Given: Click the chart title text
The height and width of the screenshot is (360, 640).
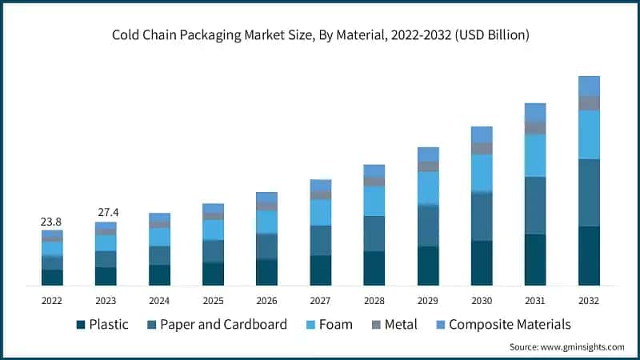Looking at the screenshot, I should click(320, 36).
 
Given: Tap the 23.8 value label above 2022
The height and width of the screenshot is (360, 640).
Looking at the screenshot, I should click(52, 222).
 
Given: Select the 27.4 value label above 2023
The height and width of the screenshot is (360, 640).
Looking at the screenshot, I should click(106, 213).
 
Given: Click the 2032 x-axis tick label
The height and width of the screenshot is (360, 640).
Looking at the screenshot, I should click(589, 300).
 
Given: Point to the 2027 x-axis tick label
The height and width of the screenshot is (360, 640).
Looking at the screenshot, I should click(320, 300).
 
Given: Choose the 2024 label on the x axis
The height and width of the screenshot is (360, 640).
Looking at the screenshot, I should click(159, 300).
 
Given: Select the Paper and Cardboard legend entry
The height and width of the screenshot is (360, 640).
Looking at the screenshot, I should click(215, 325).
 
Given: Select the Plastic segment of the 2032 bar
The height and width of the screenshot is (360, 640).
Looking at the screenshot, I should click(589, 256).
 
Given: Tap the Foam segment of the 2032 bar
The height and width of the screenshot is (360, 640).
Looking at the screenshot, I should click(589, 134).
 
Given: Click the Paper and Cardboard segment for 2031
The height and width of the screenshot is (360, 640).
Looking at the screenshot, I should click(535, 206).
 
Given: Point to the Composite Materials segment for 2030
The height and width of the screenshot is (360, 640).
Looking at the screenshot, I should click(482, 134).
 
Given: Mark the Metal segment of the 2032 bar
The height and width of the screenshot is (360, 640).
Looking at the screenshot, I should click(589, 103).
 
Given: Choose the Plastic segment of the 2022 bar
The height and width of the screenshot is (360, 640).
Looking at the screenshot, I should click(52, 278).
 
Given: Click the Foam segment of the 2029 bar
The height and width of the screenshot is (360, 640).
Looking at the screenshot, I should click(428, 188).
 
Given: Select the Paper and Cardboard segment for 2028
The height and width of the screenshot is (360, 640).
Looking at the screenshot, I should click(374, 234).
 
